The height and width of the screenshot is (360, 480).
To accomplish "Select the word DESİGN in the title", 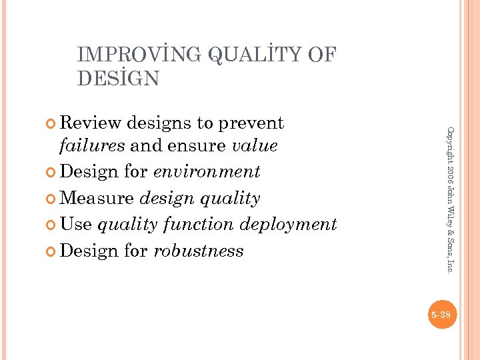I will click(x=118, y=79).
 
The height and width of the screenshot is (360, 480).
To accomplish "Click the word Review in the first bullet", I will click(x=91, y=123).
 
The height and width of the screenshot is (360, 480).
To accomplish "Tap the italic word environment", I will click(x=207, y=171).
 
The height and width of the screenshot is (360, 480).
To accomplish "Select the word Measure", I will click(x=99, y=198).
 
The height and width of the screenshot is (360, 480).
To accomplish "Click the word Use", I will click(x=75, y=224).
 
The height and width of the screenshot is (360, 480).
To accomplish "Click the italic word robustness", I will click(x=199, y=251).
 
